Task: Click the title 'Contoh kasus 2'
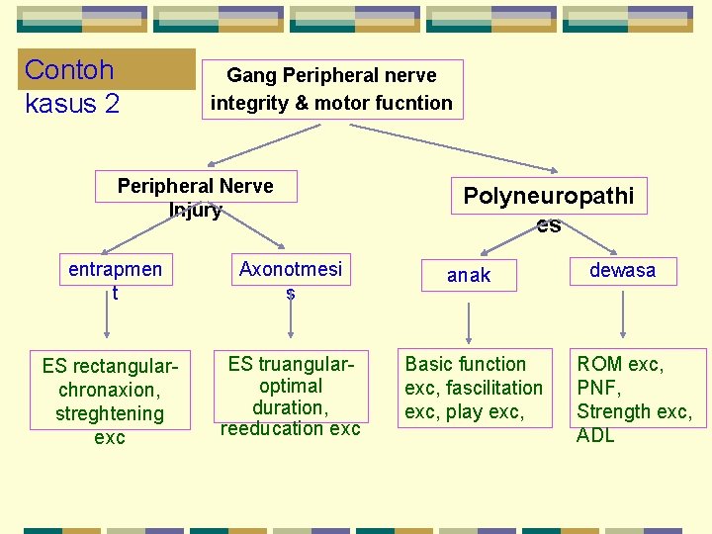[71, 85]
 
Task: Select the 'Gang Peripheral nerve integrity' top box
[331, 89]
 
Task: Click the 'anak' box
[468, 276]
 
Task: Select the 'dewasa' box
[622, 270]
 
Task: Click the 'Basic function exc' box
[474, 388]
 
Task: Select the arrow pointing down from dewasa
[622, 316]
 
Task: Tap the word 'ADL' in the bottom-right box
[595, 435]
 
